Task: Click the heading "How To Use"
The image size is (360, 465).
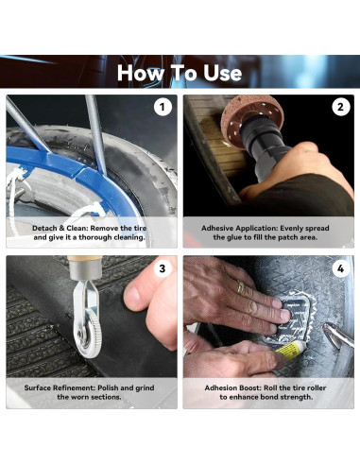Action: (180, 73)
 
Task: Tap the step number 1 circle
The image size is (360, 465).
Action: (163, 107)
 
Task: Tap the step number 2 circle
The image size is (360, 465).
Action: (340, 107)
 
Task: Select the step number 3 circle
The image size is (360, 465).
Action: (163, 268)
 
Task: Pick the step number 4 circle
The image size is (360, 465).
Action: (340, 268)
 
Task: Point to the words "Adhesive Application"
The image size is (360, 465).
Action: (237, 228)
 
